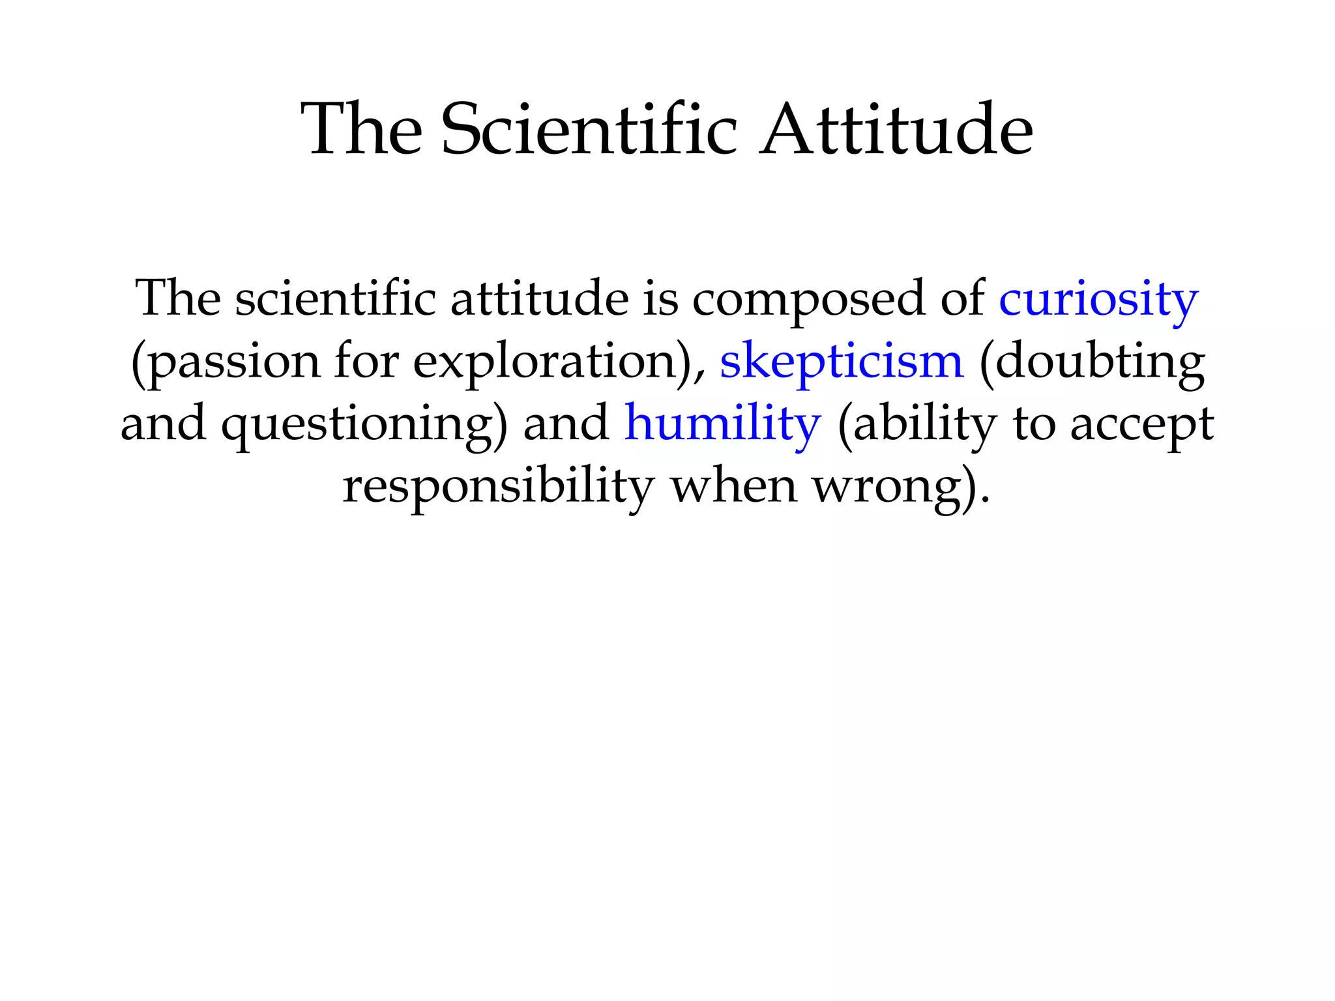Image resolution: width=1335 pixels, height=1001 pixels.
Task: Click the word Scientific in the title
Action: point(589,130)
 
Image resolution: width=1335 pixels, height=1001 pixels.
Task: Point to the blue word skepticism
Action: point(841,362)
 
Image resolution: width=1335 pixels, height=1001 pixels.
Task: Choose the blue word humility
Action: point(722,424)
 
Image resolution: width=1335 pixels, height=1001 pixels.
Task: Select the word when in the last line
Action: point(734,486)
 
